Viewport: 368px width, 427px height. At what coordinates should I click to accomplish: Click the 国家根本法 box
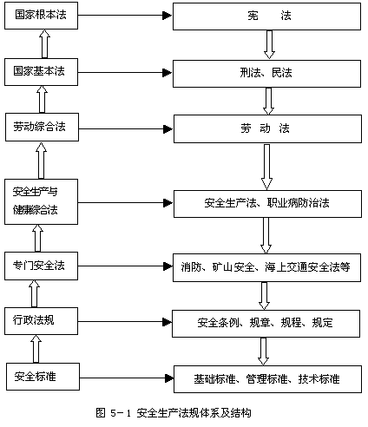click(x=41, y=16)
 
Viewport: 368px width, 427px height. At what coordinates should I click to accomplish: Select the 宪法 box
click(x=266, y=16)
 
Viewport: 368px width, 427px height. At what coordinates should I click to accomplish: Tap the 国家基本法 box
click(x=41, y=72)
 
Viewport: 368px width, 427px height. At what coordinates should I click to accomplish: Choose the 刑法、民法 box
click(x=266, y=74)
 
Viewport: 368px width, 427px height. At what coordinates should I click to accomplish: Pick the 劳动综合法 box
click(x=42, y=127)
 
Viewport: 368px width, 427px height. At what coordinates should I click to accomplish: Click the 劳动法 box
click(x=267, y=128)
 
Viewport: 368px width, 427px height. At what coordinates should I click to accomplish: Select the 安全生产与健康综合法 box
click(x=41, y=201)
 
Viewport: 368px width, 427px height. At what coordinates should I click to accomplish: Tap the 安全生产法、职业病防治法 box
click(x=267, y=204)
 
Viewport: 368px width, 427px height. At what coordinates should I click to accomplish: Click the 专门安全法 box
click(x=41, y=266)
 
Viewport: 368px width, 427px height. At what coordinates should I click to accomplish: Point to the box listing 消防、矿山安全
click(x=266, y=267)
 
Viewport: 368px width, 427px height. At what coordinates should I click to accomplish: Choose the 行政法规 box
click(x=41, y=321)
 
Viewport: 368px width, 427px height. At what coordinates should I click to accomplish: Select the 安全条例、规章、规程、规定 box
click(x=266, y=324)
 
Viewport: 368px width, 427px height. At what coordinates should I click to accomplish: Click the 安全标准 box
click(x=43, y=377)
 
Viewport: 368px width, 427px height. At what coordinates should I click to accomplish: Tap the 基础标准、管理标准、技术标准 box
click(x=267, y=379)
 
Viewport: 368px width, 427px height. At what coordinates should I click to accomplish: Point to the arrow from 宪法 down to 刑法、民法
click(x=269, y=45)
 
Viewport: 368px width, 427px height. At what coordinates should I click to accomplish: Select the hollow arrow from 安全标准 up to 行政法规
click(x=36, y=349)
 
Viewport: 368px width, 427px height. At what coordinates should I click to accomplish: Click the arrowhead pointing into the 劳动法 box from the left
click(x=168, y=129)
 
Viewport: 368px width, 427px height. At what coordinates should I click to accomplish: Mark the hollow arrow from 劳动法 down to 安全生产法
click(x=266, y=167)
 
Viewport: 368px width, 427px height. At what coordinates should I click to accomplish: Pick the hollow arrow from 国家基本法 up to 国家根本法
click(x=44, y=43)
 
